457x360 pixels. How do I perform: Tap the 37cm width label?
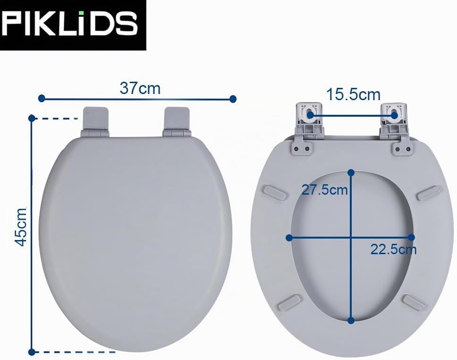[140, 88]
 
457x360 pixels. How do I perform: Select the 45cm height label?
[21, 227]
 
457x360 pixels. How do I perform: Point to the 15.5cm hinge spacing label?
[353, 94]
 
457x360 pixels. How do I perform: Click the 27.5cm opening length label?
[324, 190]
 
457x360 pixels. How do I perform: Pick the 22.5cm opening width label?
[393, 249]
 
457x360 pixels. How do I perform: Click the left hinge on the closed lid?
[95, 122]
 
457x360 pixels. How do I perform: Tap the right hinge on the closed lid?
[177, 122]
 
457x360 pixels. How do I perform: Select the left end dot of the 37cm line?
[42, 98]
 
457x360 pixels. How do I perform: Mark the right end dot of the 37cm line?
[233, 99]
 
